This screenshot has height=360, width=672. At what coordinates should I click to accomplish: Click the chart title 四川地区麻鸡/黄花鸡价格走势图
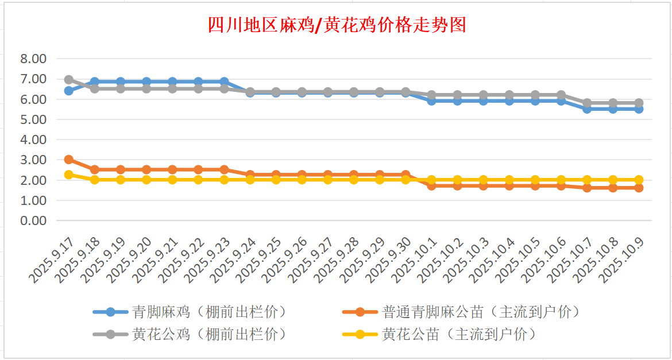[336, 25]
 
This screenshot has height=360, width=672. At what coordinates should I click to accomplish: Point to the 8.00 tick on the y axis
[33, 59]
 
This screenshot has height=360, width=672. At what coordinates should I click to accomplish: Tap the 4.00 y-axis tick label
[33, 140]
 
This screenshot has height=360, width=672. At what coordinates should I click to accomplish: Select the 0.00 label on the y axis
[33, 220]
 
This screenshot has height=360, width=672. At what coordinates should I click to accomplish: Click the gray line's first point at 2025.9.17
[69, 80]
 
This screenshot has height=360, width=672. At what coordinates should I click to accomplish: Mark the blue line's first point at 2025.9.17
[69, 91]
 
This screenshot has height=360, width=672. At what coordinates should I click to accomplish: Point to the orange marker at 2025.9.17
[69, 160]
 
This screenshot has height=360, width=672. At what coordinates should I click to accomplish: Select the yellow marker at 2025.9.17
[69, 175]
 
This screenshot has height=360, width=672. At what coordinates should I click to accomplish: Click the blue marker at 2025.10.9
[639, 109]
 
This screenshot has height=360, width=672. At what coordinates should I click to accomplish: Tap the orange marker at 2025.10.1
[431, 185]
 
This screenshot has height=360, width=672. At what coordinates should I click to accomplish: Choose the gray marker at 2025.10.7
[587, 103]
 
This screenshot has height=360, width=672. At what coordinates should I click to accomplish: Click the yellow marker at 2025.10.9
[639, 180]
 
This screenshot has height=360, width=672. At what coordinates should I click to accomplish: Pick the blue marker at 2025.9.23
[224, 82]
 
